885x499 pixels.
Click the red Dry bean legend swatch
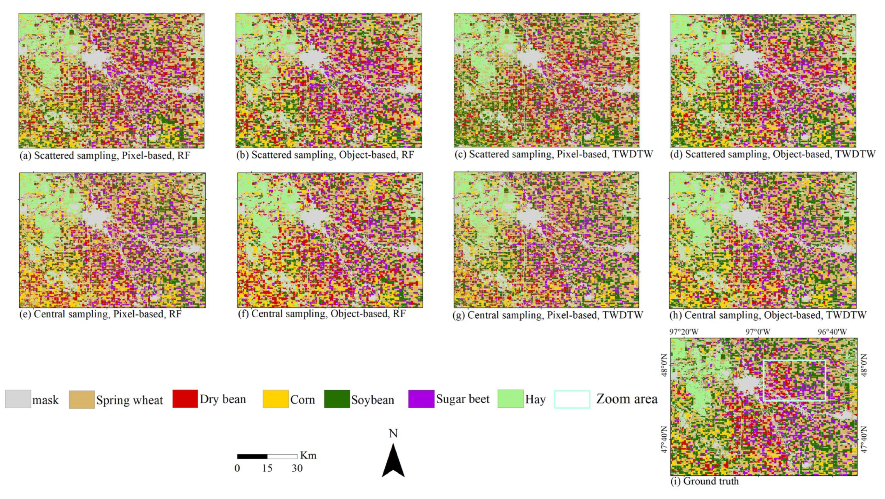click(x=185, y=399)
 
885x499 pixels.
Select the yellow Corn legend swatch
click(x=276, y=399)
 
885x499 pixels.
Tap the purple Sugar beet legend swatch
click(x=421, y=399)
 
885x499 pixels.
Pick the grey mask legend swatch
click(x=18, y=399)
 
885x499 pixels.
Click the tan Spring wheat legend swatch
click(x=82, y=399)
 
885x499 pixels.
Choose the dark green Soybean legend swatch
click(x=337, y=399)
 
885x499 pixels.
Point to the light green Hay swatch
click(x=510, y=399)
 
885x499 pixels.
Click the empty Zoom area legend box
click(x=572, y=399)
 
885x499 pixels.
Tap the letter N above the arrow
click(x=393, y=434)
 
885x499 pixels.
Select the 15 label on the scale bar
click(x=267, y=469)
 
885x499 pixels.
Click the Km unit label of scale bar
click(x=308, y=456)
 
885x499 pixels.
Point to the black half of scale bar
click(x=252, y=457)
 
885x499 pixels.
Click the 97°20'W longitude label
click(x=684, y=332)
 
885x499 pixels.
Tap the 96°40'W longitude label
click(x=832, y=332)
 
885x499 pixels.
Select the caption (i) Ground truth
click(x=704, y=481)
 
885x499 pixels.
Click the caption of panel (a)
click(x=105, y=155)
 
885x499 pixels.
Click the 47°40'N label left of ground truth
click(x=664, y=440)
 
